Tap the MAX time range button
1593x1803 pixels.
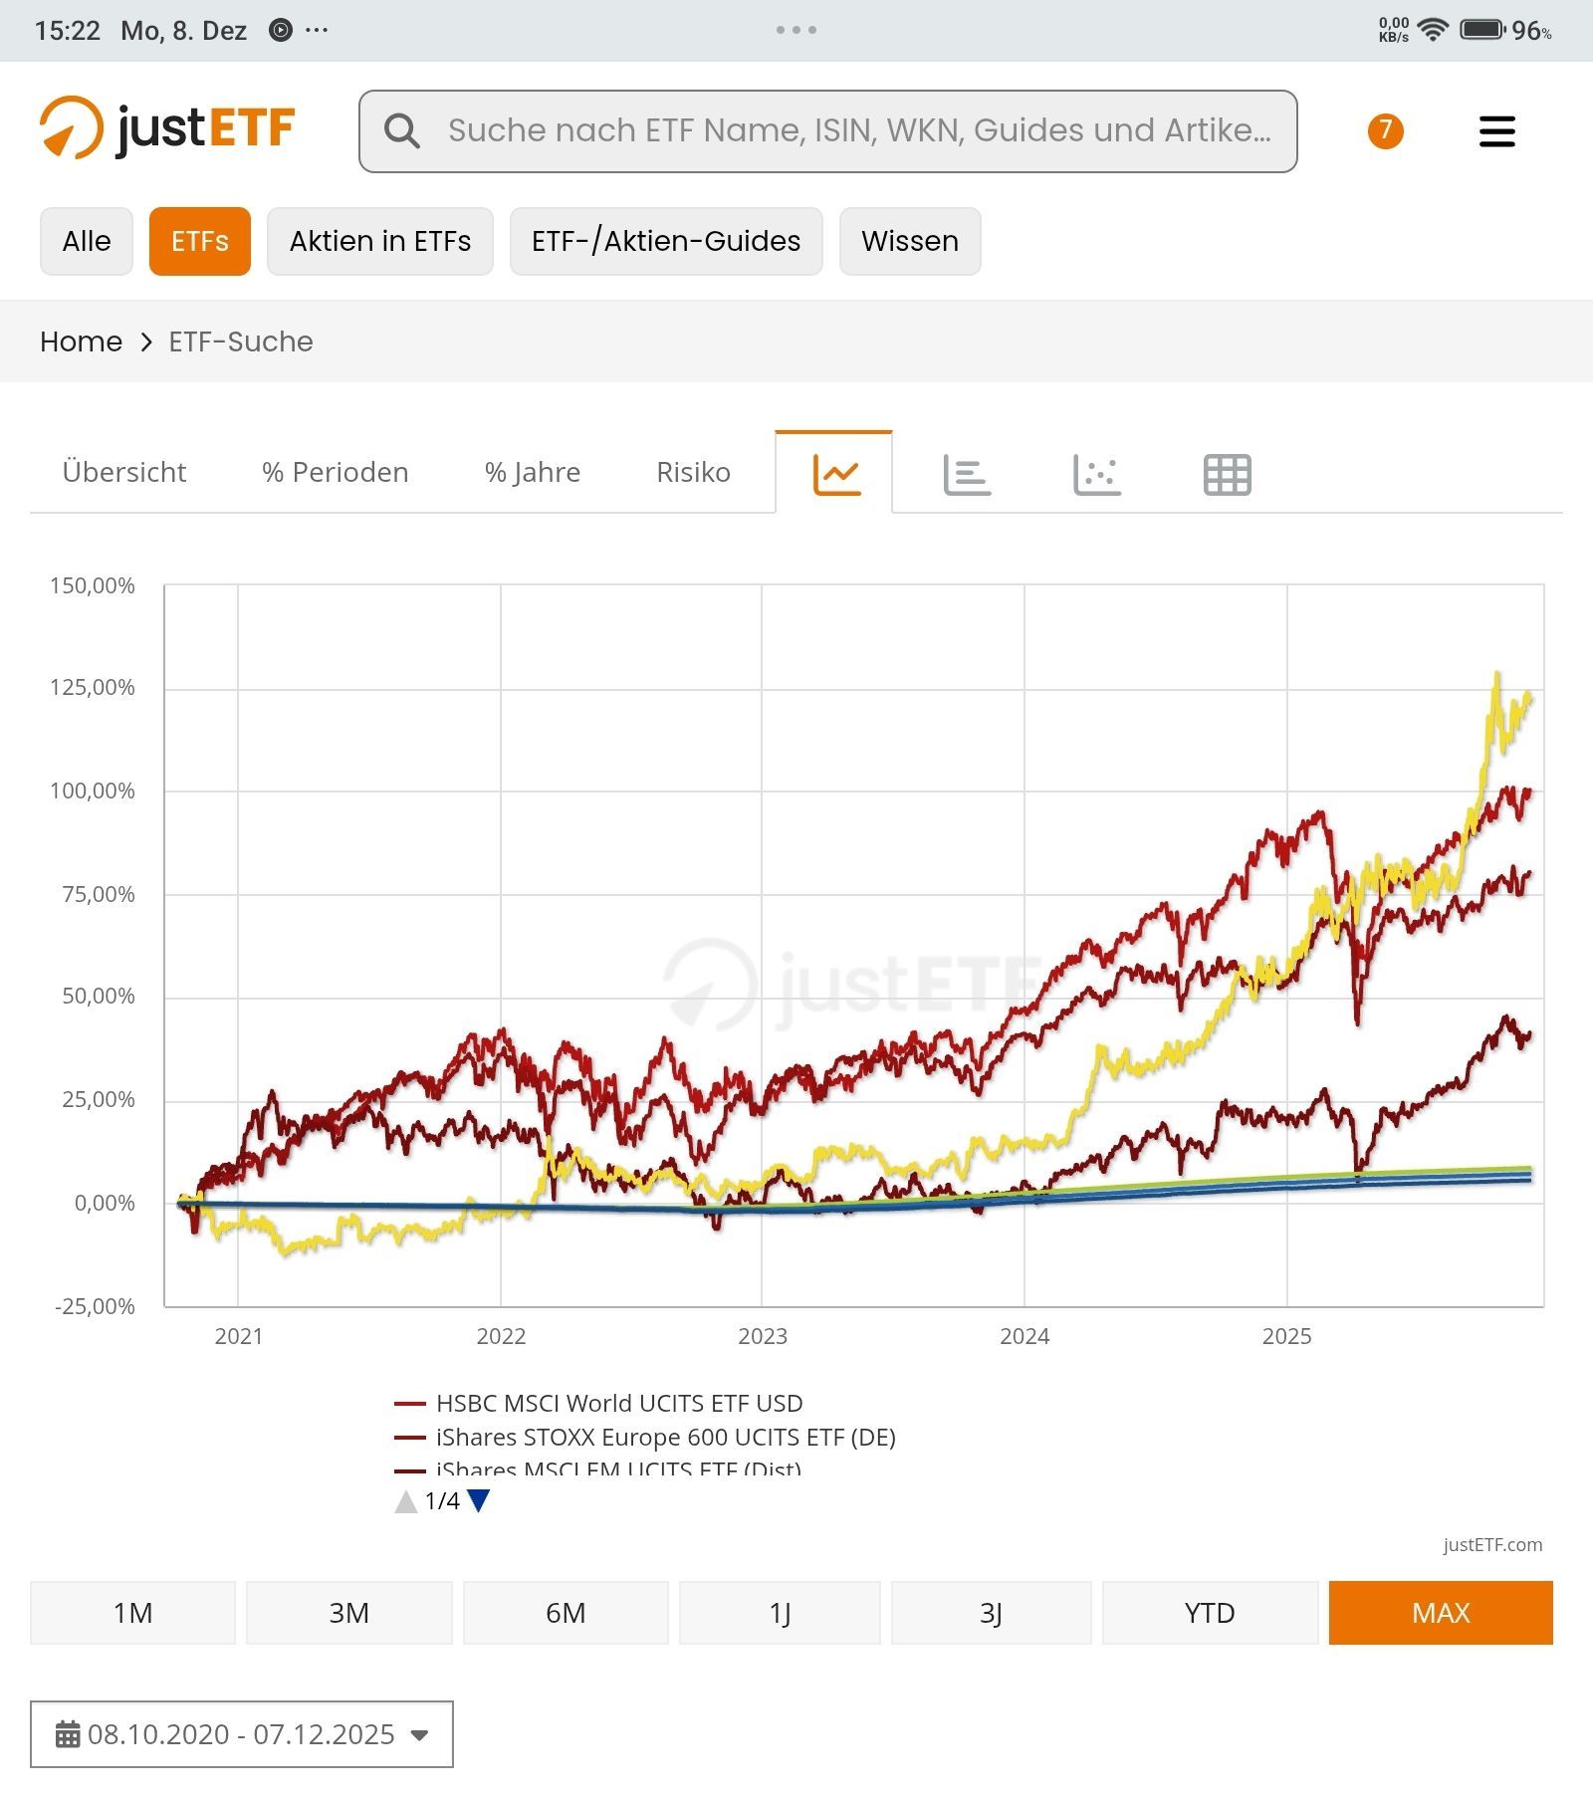1440,1612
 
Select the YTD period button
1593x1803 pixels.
1209,1612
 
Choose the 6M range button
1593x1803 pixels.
565,1612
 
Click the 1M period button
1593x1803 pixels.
132,1612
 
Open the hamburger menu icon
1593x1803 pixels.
1496,131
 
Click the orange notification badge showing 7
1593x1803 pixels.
1385,130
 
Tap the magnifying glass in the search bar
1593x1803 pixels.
402,130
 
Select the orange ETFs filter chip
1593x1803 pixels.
200,241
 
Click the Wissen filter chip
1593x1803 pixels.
909,241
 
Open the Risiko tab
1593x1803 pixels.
693,472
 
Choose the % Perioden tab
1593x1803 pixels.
335,472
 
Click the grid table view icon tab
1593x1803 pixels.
1227,474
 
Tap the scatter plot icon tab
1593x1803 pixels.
1097,474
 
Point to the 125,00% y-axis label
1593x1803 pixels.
93,688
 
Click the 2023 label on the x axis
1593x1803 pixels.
762,1336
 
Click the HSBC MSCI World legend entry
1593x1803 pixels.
618,1403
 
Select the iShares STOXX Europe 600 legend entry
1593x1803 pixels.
665,1437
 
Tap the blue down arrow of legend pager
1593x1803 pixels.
479,1500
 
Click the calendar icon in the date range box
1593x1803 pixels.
68,1734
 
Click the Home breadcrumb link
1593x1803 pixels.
81,341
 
